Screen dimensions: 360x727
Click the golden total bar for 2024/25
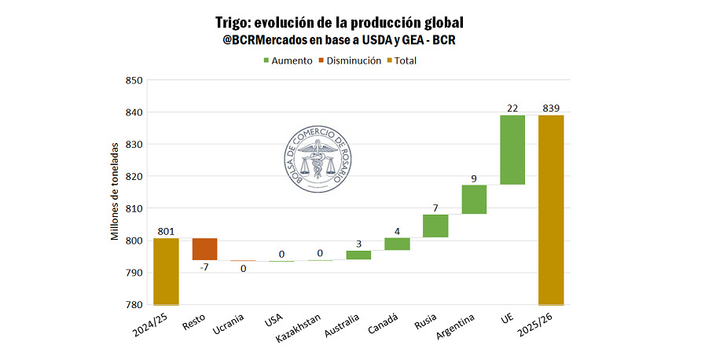tap(166, 271)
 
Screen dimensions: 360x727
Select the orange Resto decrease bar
tap(204, 248)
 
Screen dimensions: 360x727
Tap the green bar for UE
tap(512, 149)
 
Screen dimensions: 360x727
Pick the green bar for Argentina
tap(474, 199)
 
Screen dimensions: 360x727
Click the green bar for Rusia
tap(435, 226)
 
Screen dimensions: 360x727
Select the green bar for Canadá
tap(397, 244)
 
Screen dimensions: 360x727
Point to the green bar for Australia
tap(358, 255)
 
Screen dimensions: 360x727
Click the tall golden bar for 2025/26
tap(551, 209)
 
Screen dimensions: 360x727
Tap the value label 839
tap(551, 108)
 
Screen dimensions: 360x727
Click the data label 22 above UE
tap(512, 108)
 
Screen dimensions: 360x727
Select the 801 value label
tap(166, 231)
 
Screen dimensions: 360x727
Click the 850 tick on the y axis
tap(133, 80)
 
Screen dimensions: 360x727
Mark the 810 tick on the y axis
tap(133, 208)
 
